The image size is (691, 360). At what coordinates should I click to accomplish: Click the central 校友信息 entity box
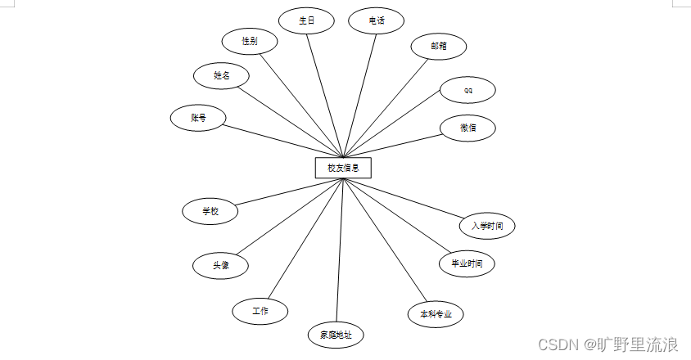(x=343, y=168)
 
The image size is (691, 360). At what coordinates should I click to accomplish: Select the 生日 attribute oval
(x=306, y=21)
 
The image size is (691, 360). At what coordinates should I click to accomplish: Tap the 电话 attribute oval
(x=377, y=21)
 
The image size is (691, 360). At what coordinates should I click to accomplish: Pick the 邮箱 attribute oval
(x=439, y=47)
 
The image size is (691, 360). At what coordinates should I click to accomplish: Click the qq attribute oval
(x=467, y=89)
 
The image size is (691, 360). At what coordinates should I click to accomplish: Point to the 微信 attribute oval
(x=467, y=128)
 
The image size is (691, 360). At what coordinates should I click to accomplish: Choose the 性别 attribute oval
(x=250, y=41)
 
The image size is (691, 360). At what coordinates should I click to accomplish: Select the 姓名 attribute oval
(x=221, y=75)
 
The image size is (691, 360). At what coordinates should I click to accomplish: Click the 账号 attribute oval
(x=198, y=118)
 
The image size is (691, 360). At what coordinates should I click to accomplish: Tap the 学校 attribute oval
(x=210, y=211)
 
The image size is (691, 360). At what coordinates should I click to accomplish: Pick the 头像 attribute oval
(x=220, y=265)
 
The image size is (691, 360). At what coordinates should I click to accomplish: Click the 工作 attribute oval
(x=260, y=311)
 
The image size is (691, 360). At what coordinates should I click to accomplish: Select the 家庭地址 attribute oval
(x=336, y=335)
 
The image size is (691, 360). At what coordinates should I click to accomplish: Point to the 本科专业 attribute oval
(x=436, y=314)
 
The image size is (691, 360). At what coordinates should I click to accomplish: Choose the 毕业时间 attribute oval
(x=467, y=263)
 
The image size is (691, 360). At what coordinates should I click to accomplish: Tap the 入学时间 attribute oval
(x=487, y=225)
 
